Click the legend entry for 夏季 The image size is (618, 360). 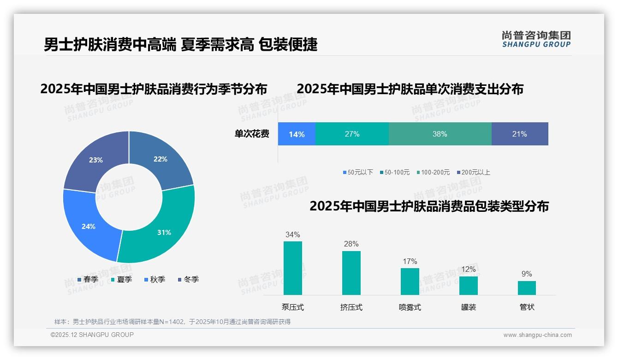pyautogui.click(x=122, y=279)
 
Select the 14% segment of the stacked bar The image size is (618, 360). pyautogui.click(x=297, y=134)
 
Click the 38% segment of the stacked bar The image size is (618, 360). pyautogui.click(x=440, y=134)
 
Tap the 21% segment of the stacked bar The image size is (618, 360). pyautogui.click(x=519, y=134)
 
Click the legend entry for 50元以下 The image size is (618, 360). pyautogui.click(x=358, y=172)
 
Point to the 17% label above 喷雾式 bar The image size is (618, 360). pyautogui.click(x=410, y=261)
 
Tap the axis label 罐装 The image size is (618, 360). pyautogui.click(x=469, y=307)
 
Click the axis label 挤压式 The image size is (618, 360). pyautogui.click(x=351, y=307)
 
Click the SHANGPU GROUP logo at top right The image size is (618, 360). pyautogui.click(x=536, y=39)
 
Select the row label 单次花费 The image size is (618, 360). pyautogui.click(x=252, y=134)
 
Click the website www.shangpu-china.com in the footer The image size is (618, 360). pyautogui.click(x=537, y=335)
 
